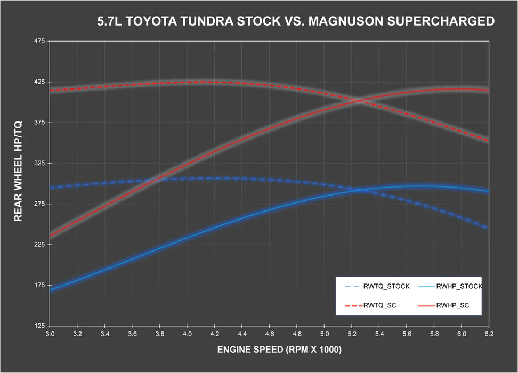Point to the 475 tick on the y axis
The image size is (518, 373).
pos(39,41)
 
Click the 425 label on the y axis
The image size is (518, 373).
pos(39,82)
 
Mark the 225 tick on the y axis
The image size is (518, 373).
pos(39,245)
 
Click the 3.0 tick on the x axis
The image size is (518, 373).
pos(50,334)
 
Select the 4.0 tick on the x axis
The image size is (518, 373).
pos(187,334)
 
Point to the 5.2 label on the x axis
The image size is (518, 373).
pos(351,334)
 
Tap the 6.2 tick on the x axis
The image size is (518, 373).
pos(488,334)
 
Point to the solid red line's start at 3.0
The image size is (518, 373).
pos(50,236)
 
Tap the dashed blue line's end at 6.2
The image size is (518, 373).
pos(488,228)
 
